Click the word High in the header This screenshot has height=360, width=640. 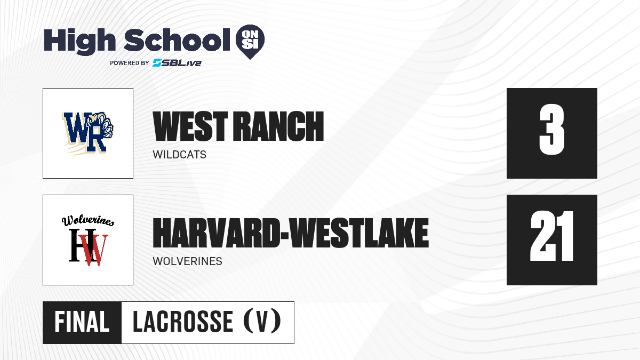click(x=79, y=41)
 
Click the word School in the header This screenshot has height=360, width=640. click(x=177, y=40)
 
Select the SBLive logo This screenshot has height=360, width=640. click(x=177, y=63)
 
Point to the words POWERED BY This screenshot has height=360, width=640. click(x=130, y=63)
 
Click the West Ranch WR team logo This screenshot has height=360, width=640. click(x=87, y=133)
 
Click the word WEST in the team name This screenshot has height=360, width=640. click(x=190, y=126)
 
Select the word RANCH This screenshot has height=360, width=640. click(x=278, y=126)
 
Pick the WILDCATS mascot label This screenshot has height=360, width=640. click(x=179, y=155)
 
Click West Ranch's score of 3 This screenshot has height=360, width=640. click(x=551, y=130)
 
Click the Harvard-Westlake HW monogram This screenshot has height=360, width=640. click(x=89, y=247)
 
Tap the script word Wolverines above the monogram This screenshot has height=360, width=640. click(x=88, y=221)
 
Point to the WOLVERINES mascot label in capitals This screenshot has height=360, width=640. click(x=187, y=261)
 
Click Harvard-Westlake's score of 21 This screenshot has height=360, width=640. click(x=551, y=236)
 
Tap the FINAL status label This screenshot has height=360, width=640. click(x=82, y=322)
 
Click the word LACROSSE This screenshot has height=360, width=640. click(x=183, y=322)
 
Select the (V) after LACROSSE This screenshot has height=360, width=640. click(x=262, y=321)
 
